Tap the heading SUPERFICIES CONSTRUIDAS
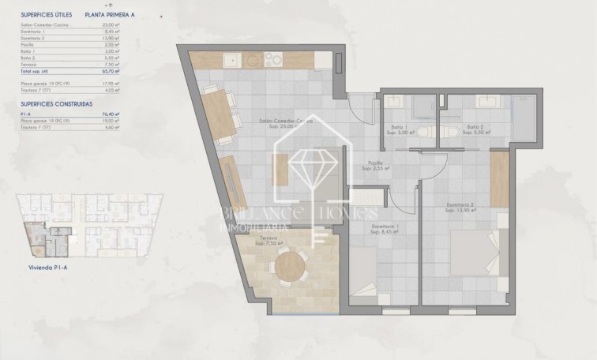pyautogui.click(x=58, y=104)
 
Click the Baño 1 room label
pyautogui.click(x=399, y=128)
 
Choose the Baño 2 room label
pyautogui.click(x=475, y=128)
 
